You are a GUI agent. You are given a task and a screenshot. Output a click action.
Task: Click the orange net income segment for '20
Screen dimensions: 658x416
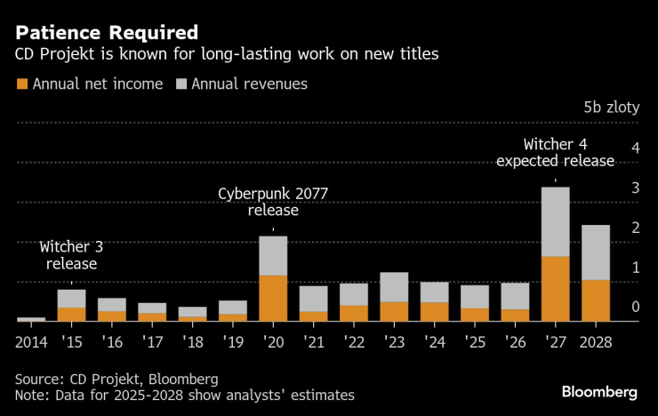tap(273, 298)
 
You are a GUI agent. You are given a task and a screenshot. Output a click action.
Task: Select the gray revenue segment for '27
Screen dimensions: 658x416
tap(556, 221)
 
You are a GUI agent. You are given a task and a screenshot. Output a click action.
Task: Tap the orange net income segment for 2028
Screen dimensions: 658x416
tap(596, 300)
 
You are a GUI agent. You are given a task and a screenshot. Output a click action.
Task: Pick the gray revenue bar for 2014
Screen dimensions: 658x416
tap(31, 319)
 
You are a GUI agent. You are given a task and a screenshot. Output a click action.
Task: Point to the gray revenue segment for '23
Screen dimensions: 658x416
tap(394, 287)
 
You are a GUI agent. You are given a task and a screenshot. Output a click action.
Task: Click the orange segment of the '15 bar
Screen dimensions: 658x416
tap(71, 315)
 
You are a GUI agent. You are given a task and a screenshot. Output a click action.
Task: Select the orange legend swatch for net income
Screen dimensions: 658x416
tap(22, 84)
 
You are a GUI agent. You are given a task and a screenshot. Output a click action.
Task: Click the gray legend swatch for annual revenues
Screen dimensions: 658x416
tap(181, 84)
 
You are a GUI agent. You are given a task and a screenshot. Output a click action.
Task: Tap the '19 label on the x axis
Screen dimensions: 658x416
tap(233, 342)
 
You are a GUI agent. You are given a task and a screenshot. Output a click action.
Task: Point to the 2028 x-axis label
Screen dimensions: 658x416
tap(596, 342)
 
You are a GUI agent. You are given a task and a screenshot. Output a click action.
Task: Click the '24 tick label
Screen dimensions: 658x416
tap(434, 342)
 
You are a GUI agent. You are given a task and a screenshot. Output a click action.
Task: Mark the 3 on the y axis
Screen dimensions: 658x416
tap(636, 188)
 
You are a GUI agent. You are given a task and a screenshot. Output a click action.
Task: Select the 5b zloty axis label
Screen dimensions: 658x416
tap(612, 108)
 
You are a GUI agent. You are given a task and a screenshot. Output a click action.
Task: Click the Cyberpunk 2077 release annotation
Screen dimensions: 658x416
tap(273, 202)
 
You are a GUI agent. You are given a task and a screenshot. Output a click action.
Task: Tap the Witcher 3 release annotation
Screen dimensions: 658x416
tap(71, 255)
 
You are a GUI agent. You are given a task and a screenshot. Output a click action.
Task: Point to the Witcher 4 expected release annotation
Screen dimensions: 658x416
tap(555, 153)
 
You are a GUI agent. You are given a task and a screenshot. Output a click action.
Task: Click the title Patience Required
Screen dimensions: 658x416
tap(107, 33)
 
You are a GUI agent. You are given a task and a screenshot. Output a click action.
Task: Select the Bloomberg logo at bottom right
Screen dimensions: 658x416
tap(599, 392)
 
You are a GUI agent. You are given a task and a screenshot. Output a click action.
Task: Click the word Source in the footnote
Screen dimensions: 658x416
tap(38, 379)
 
